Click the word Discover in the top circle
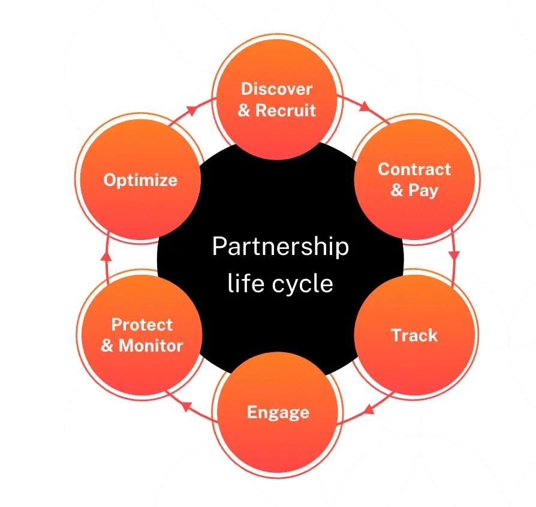coord(276,89)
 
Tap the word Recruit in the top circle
coord(285,110)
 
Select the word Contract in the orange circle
coord(414,169)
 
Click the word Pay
coord(423,191)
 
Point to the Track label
coord(414,335)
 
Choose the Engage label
coord(278,412)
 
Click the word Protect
coord(142,325)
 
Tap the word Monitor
coord(150,346)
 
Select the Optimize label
coord(140,180)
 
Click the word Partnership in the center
coord(280,247)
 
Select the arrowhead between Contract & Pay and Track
coord(454,254)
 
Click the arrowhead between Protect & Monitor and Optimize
coord(106,256)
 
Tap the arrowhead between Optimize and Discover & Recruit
coord(192,110)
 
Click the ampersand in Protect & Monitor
coord(107,346)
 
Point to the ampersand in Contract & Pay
coord(397,191)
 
